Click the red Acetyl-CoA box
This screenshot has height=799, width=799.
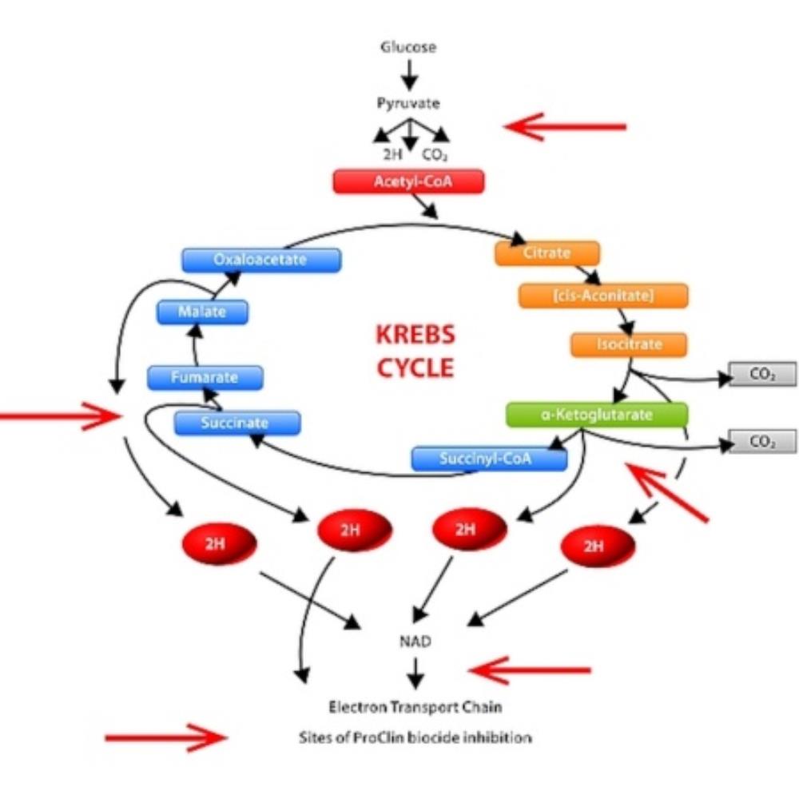[408, 181]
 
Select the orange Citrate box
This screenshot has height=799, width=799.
[547, 253]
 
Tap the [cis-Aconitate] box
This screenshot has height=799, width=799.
[602, 295]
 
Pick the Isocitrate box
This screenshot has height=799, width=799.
[628, 344]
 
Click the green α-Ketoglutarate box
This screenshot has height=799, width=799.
[597, 415]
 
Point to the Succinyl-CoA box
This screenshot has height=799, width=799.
[489, 459]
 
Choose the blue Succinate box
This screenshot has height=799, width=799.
[237, 423]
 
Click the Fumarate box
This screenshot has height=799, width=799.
[205, 377]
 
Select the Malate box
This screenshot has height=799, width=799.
[202, 312]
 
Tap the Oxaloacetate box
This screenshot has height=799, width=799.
[260, 260]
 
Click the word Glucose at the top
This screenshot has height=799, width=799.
[408, 46]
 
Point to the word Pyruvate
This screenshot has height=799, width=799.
[408, 103]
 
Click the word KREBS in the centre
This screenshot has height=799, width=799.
[415, 335]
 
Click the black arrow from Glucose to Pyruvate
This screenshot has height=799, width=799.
[409, 74]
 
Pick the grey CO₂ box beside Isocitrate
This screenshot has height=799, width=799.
[762, 374]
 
